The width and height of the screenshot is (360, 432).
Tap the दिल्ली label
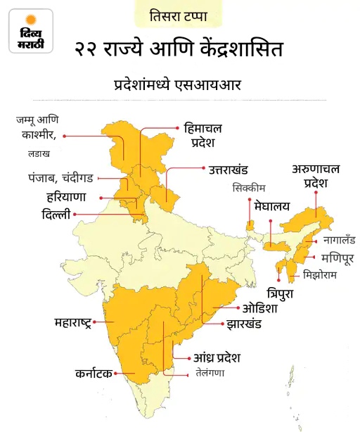[x=56, y=214]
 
